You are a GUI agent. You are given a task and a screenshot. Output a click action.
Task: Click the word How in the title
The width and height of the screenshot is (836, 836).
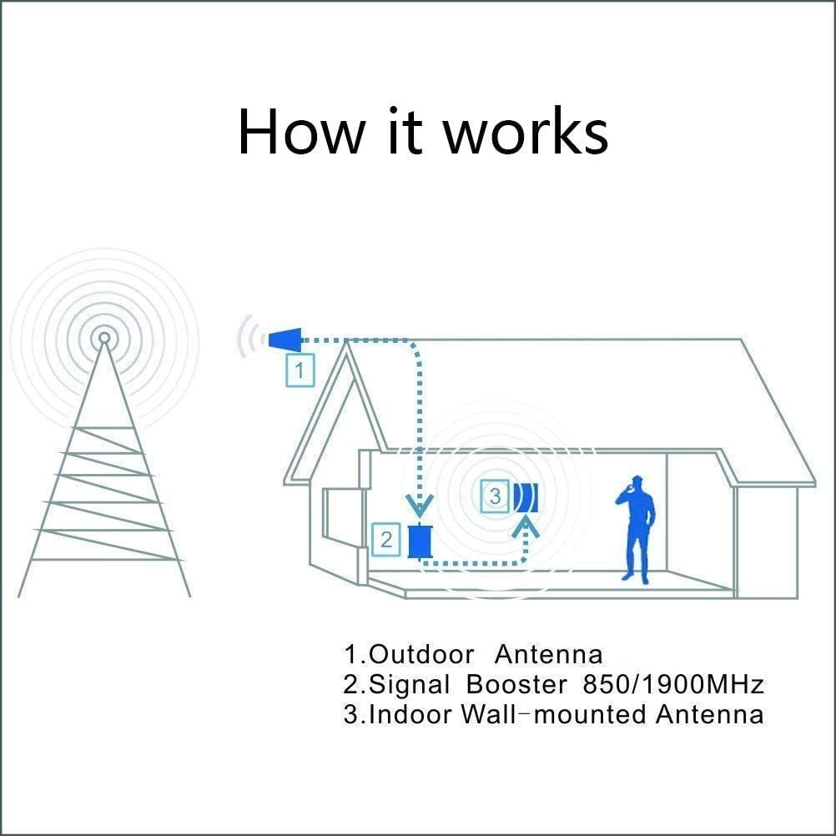(x=302, y=131)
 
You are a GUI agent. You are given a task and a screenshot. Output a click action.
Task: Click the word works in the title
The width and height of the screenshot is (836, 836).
(x=526, y=131)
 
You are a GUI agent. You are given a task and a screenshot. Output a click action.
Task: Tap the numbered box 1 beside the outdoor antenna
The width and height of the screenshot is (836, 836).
(x=300, y=370)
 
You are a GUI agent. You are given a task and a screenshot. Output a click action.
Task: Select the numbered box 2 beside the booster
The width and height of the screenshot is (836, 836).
(x=386, y=540)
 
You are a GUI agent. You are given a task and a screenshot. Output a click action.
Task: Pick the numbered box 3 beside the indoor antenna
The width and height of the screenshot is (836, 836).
(x=496, y=496)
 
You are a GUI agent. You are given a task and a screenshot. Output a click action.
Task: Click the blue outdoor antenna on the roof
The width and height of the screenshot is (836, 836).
(x=285, y=340)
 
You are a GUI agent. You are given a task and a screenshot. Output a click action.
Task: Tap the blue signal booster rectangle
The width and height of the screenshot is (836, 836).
(x=421, y=541)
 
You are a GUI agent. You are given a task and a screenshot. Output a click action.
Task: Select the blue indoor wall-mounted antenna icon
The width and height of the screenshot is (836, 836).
(x=526, y=497)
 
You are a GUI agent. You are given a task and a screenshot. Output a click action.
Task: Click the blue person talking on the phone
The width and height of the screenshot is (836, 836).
(x=635, y=530)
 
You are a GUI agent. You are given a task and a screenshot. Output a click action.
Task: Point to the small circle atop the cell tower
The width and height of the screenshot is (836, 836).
(x=104, y=338)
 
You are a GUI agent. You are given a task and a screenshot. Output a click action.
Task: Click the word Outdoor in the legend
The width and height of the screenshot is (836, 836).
(x=421, y=654)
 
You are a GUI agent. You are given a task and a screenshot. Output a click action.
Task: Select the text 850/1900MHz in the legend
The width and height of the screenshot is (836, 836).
(x=674, y=684)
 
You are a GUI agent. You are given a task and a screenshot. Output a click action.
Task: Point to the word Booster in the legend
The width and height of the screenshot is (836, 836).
(x=516, y=684)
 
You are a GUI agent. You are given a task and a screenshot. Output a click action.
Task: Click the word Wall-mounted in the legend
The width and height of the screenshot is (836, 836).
(x=554, y=714)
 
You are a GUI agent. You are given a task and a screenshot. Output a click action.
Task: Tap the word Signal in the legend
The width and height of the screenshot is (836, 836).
(x=409, y=685)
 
